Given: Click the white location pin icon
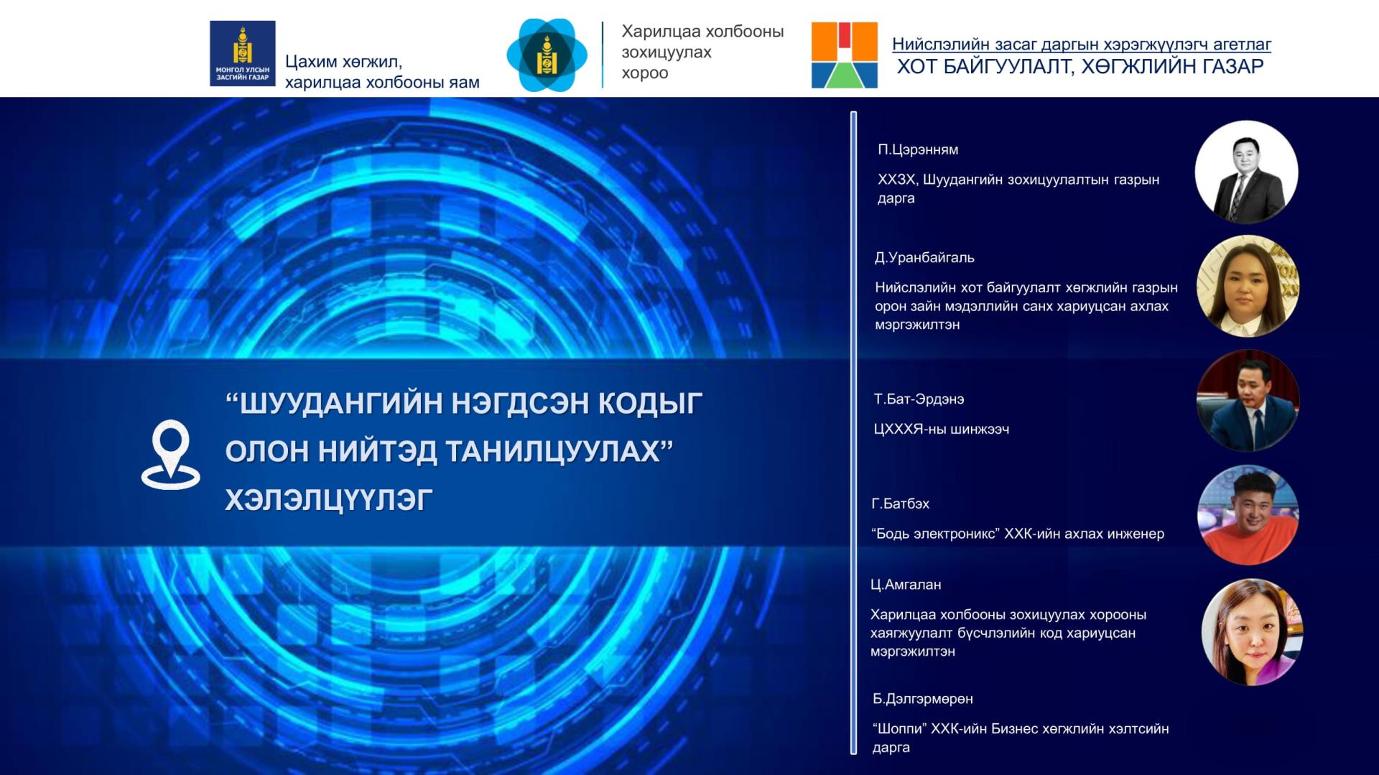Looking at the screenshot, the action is pos(170,454).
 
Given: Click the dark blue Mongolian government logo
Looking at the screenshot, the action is pos(243,53).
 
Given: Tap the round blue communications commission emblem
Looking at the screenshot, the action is pos(547,55).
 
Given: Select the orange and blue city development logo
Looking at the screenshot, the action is pos(845,55).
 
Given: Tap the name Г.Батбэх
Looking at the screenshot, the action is pos(901,503).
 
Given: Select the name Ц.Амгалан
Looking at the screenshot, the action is pos(906,585).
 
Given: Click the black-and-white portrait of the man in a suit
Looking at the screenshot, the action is pos(1246,172).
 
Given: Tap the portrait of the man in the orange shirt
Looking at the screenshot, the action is pos(1248,514).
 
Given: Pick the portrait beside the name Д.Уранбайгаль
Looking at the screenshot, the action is pos(1248,286).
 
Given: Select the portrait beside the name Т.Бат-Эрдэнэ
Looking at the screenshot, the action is pos(1248,400).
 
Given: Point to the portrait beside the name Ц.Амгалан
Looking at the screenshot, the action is pos(1252,632).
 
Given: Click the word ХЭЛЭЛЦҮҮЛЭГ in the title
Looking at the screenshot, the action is pos(329,500).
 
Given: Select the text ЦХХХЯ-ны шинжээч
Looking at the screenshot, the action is pos(942,430).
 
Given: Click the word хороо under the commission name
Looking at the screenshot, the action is pos(645,73).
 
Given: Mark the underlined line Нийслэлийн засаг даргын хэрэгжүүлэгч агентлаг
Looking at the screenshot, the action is pos(1082,45).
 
